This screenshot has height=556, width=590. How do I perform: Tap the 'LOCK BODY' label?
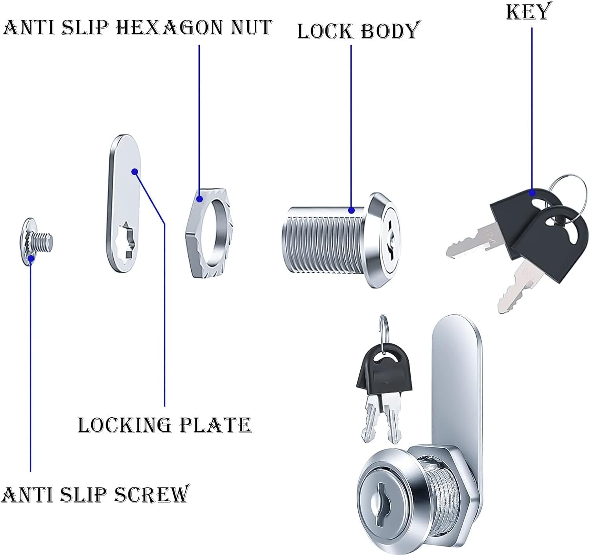coord(357,31)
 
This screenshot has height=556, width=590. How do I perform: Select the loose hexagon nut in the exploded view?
coord(208,236)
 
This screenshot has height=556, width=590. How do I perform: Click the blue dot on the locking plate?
coord(135,171)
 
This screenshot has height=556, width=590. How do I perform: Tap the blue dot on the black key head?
coord(533,193)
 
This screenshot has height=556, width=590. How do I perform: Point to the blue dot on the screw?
coord(31,258)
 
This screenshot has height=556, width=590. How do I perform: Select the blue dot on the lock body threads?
coord(351,210)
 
